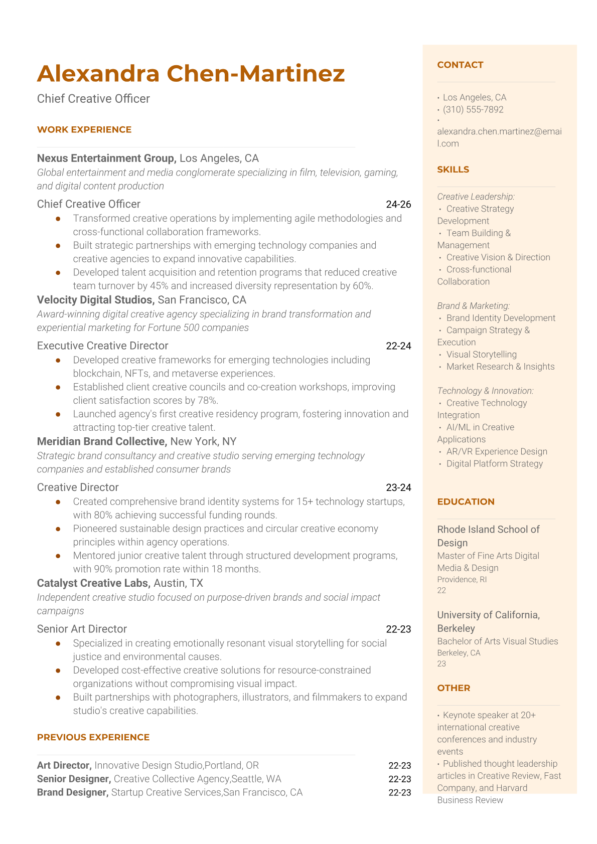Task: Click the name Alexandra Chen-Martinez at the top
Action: pos(191,73)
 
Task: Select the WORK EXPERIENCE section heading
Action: pos(84,129)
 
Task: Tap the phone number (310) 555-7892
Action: pos(473,109)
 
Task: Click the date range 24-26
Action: pos(398,204)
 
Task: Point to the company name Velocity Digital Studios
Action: pos(95,300)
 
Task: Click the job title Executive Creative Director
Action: pos(102,346)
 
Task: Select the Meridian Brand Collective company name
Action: pos(101,441)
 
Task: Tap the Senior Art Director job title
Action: pos(82,629)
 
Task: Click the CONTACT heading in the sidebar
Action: pos(460,65)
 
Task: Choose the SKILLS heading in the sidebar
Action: pos(453,170)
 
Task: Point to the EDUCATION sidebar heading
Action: pos(466,501)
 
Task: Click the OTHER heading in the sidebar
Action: pos(454,688)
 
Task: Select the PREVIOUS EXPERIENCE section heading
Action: pos(93,737)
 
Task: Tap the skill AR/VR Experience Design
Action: pos(497,451)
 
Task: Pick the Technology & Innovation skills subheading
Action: pos(485,391)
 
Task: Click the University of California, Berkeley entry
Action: pos(488,621)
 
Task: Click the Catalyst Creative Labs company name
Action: pos(93,583)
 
